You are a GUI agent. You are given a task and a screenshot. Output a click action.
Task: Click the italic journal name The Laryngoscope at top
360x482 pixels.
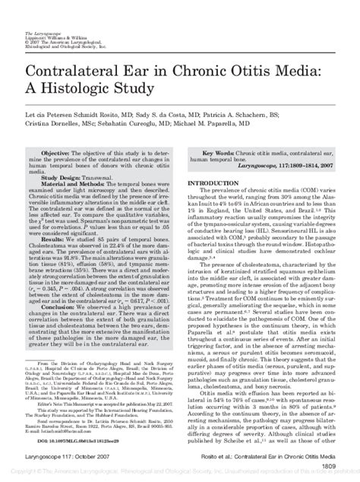point(43,12)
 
